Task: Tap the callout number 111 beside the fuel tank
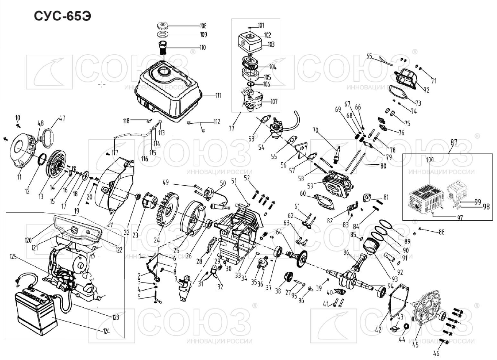[218, 95]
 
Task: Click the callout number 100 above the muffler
[430, 160]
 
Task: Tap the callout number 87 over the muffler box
[453, 142]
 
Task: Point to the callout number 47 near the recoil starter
[62, 118]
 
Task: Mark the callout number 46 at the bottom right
[436, 354]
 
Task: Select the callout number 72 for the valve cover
[426, 90]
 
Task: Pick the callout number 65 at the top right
[369, 56]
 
